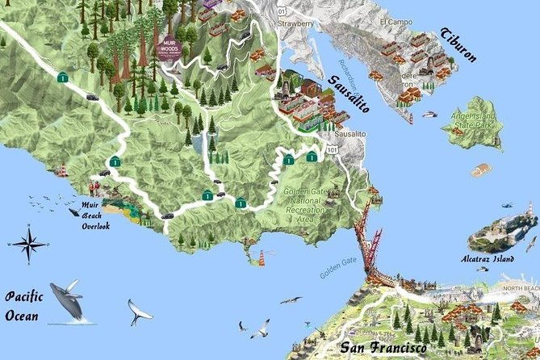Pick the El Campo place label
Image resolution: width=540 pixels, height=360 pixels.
tap(397, 22)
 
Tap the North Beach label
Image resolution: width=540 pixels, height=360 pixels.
tap(521, 288)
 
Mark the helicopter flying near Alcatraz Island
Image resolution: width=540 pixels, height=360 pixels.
tap(505, 206)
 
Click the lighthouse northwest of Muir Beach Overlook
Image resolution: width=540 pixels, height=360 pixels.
tap(61, 170)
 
